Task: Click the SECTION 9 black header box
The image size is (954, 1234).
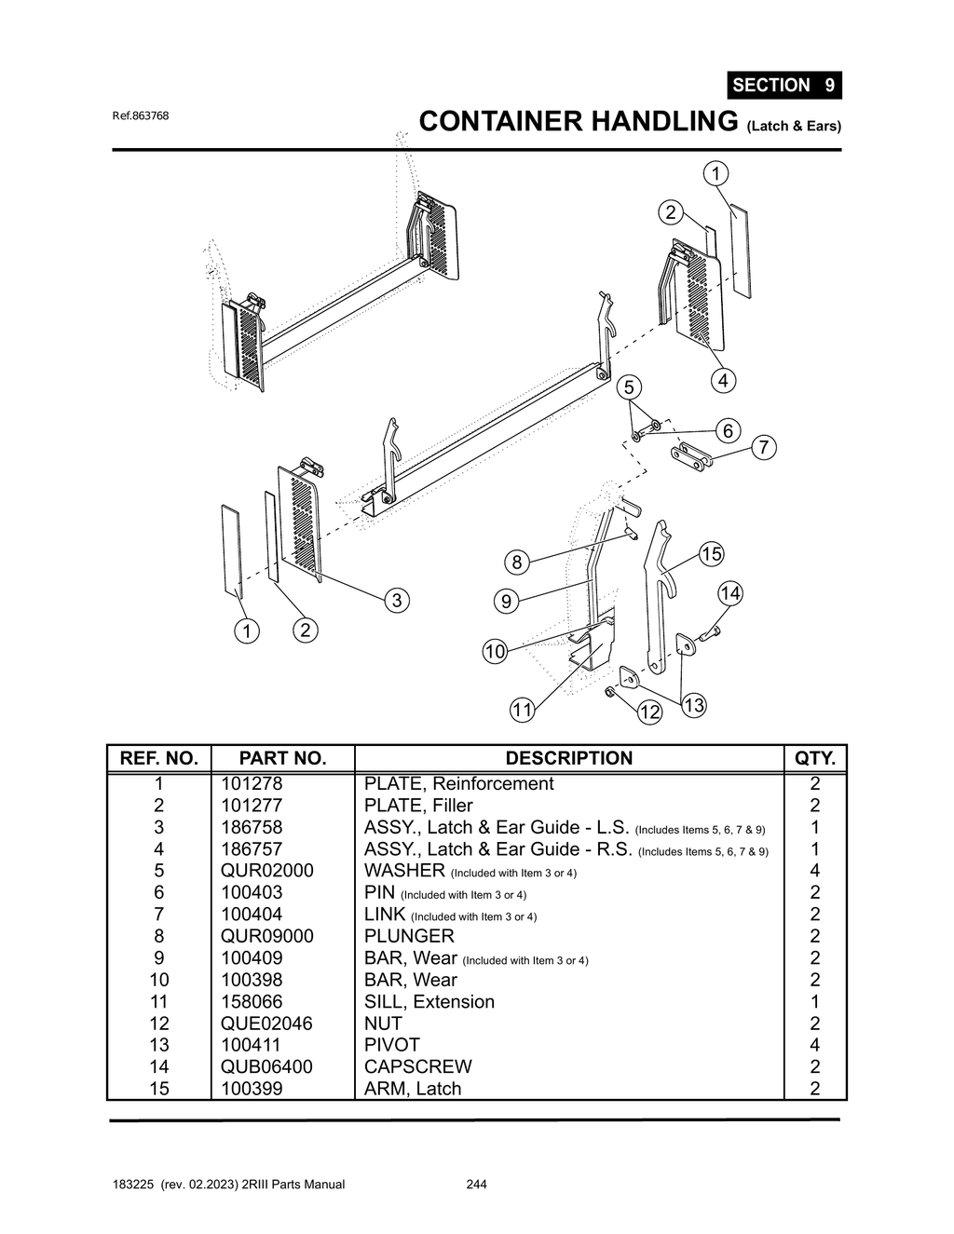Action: pyautogui.click(x=784, y=86)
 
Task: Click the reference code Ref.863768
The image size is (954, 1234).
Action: pyautogui.click(x=141, y=116)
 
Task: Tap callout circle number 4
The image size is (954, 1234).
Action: pyautogui.click(x=722, y=380)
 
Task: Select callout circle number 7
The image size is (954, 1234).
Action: pyautogui.click(x=763, y=447)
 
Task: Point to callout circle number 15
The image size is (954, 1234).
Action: pyautogui.click(x=711, y=554)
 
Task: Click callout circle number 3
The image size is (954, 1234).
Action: pyautogui.click(x=397, y=600)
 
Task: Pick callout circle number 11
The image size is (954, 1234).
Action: pyautogui.click(x=522, y=711)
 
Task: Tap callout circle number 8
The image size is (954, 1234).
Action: pyautogui.click(x=516, y=562)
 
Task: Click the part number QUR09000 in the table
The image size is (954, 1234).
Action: pyautogui.click(x=267, y=936)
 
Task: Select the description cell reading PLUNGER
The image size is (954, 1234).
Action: pyautogui.click(x=409, y=936)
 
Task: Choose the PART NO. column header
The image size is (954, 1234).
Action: pyautogui.click(x=282, y=758)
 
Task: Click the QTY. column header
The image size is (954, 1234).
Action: pyautogui.click(x=814, y=758)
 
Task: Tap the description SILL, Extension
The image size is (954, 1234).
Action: pyautogui.click(x=429, y=1001)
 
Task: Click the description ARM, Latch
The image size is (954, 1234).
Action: pyautogui.click(x=413, y=1088)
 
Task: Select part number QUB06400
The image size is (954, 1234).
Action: pyautogui.click(x=266, y=1066)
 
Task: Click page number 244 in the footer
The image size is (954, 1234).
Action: pyautogui.click(x=476, y=1185)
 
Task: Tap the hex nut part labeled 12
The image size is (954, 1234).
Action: pyautogui.click(x=608, y=691)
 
